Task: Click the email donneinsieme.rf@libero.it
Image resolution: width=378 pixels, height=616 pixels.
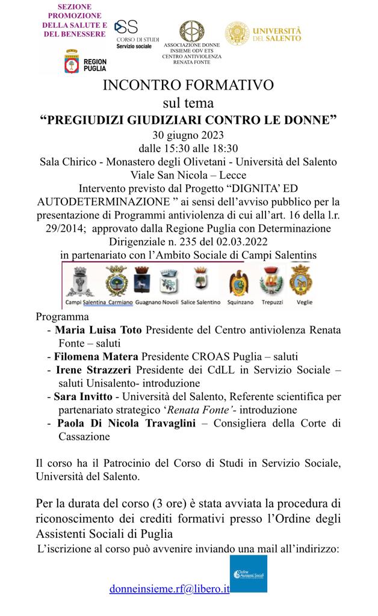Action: (x=170, y=589)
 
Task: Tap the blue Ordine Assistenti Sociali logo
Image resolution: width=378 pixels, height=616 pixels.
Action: (x=249, y=574)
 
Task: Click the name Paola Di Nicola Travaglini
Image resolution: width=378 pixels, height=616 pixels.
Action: (x=128, y=423)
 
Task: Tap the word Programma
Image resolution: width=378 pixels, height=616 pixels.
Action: (x=62, y=316)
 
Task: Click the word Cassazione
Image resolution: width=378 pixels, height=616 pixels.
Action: (x=84, y=437)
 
